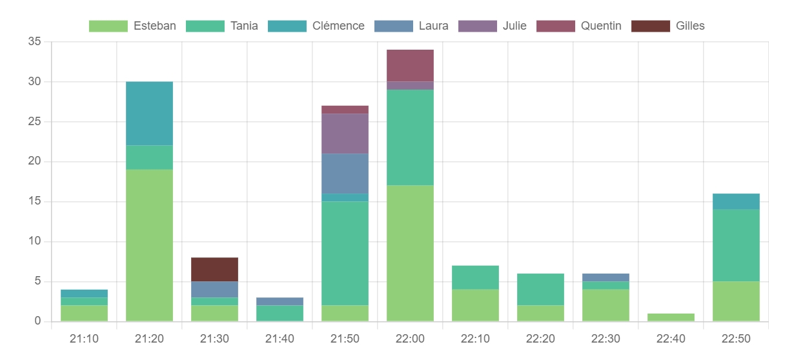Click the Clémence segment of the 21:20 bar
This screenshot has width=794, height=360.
point(149,114)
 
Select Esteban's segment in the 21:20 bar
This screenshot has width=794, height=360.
point(149,245)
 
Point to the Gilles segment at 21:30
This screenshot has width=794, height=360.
point(214,270)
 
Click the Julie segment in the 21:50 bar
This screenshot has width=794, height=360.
point(345,134)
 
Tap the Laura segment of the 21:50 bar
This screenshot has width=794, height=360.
point(345,174)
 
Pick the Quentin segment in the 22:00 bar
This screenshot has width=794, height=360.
point(410,66)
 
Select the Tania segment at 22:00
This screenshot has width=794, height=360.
point(410,137)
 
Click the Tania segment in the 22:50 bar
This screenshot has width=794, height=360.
point(736,245)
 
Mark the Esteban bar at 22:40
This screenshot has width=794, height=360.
point(671,317)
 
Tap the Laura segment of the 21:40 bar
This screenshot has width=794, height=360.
point(280,301)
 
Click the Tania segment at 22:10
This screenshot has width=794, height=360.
point(475,277)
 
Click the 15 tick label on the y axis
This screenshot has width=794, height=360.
point(34,201)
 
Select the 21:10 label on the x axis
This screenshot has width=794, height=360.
point(84,339)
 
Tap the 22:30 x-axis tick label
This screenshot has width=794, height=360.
point(606,339)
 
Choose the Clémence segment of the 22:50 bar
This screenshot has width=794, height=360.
point(736,201)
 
